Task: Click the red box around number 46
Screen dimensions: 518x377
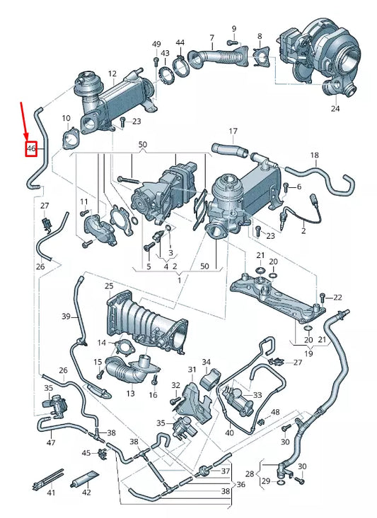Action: tap(30, 149)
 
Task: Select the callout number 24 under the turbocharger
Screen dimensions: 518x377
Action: tap(335, 109)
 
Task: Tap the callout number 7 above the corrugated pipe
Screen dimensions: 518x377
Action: tap(211, 37)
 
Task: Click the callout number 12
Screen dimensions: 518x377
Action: tap(112, 73)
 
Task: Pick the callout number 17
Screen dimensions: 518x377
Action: tap(233, 131)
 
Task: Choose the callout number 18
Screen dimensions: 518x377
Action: tap(315, 155)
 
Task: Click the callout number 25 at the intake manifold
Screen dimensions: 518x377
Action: tap(108, 286)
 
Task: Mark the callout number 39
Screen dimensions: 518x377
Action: tap(66, 316)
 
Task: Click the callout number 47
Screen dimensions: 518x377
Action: tap(50, 442)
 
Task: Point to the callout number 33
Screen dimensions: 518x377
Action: tap(257, 395)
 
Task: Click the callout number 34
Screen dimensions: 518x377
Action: tap(207, 362)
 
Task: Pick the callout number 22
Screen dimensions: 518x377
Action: tap(337, 297)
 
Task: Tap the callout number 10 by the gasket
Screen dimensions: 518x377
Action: tap(66, 118)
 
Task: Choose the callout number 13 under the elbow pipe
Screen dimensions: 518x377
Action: tap(130, 394)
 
